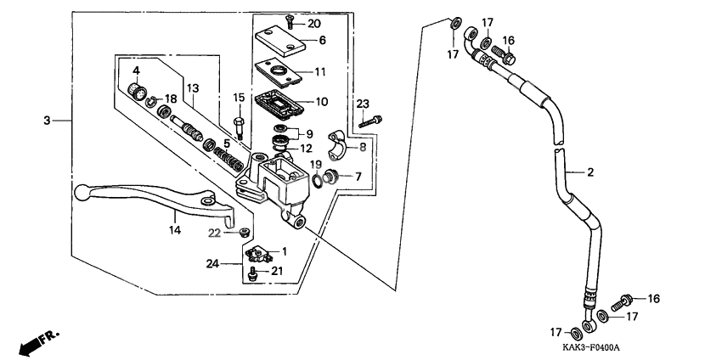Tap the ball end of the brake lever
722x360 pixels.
[83, 192]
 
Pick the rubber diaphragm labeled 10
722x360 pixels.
[279, 101]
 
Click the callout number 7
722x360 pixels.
[358, 177]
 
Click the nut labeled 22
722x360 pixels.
[244, 231]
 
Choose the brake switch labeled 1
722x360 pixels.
[260, 253]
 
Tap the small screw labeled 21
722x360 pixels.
[252, 273]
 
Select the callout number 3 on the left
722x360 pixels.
[47, 121]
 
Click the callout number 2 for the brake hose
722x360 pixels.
[589, 172]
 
